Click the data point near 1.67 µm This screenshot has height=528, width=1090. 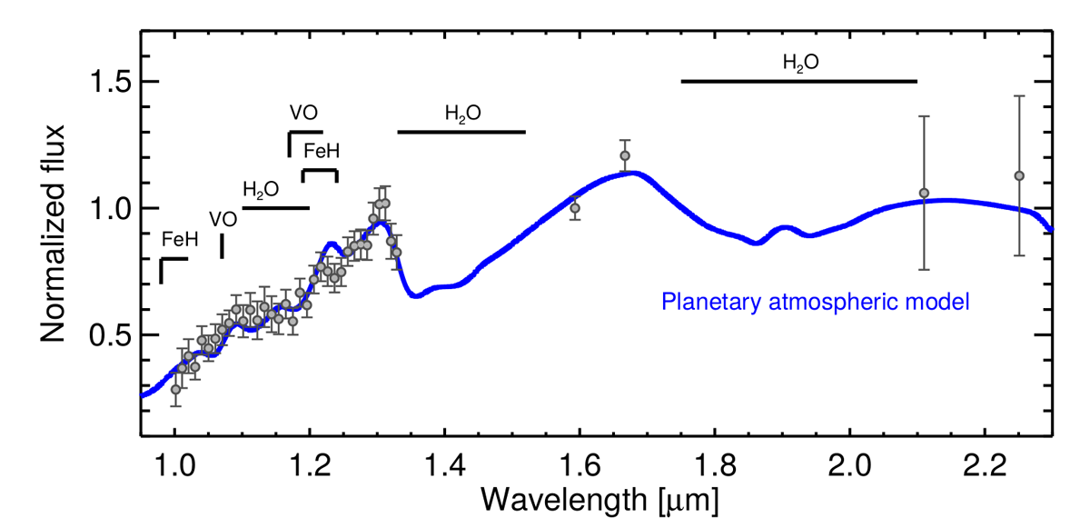coord(625,155)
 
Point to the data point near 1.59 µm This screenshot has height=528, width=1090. coord(575,208)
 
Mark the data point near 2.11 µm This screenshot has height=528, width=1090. coord(924,193)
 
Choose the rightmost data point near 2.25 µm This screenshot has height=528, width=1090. coord(1019,175)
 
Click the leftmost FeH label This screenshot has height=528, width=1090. coord(179,241)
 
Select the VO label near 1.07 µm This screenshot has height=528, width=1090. coord(223,219)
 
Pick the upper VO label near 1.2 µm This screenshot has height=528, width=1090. coord(303,114)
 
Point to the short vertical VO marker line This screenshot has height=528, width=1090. coord(223,245)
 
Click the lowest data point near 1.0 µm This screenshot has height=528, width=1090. coord(176,389)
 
